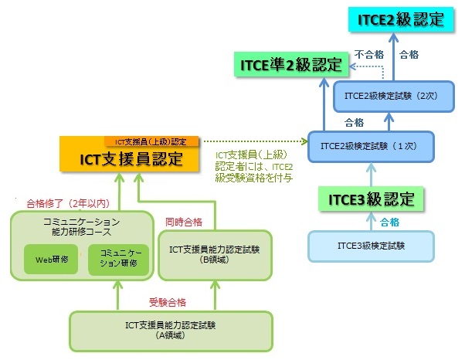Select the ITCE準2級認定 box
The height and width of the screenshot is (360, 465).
[289, 65]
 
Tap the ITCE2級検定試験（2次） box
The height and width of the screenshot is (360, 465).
[389, 97]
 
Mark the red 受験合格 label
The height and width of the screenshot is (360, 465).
[168, 301]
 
